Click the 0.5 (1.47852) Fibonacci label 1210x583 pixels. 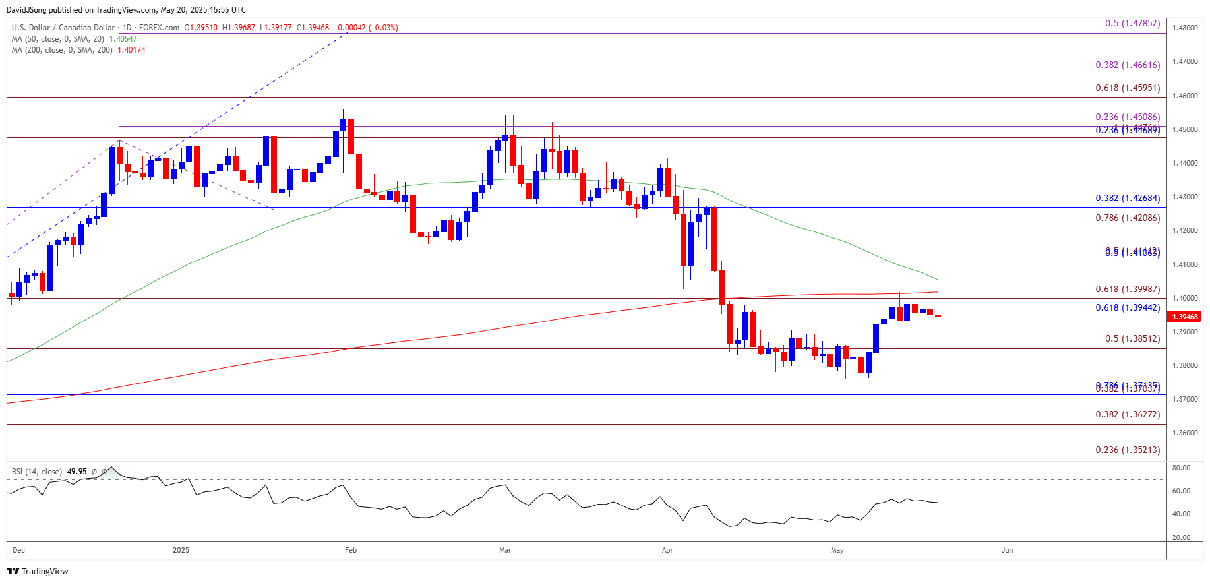coord(1132,23)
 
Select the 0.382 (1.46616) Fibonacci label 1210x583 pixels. coord(1128,65)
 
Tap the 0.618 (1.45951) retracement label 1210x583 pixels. coord(1128,88)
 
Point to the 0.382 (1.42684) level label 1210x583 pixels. coord(1128,198)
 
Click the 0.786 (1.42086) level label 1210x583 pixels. coord(1128,218)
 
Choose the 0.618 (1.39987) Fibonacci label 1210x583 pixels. coord(1128,289)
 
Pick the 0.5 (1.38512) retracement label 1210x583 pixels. coord(1132,338)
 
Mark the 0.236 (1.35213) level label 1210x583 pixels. coord(1128,450)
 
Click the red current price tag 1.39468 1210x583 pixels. coord(1185,317)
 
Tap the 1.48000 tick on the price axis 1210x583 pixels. coord(1185,28)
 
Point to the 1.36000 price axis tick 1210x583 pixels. coord(1185,433)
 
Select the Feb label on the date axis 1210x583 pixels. coord(351,550)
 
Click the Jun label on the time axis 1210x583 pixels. coord(1007,550)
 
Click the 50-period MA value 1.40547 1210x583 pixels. coord(123,39)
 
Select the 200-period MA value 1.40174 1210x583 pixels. coord(131,50)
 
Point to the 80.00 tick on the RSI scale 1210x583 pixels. coord(1181,468)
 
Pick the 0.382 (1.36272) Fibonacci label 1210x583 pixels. coord(1128,414)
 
